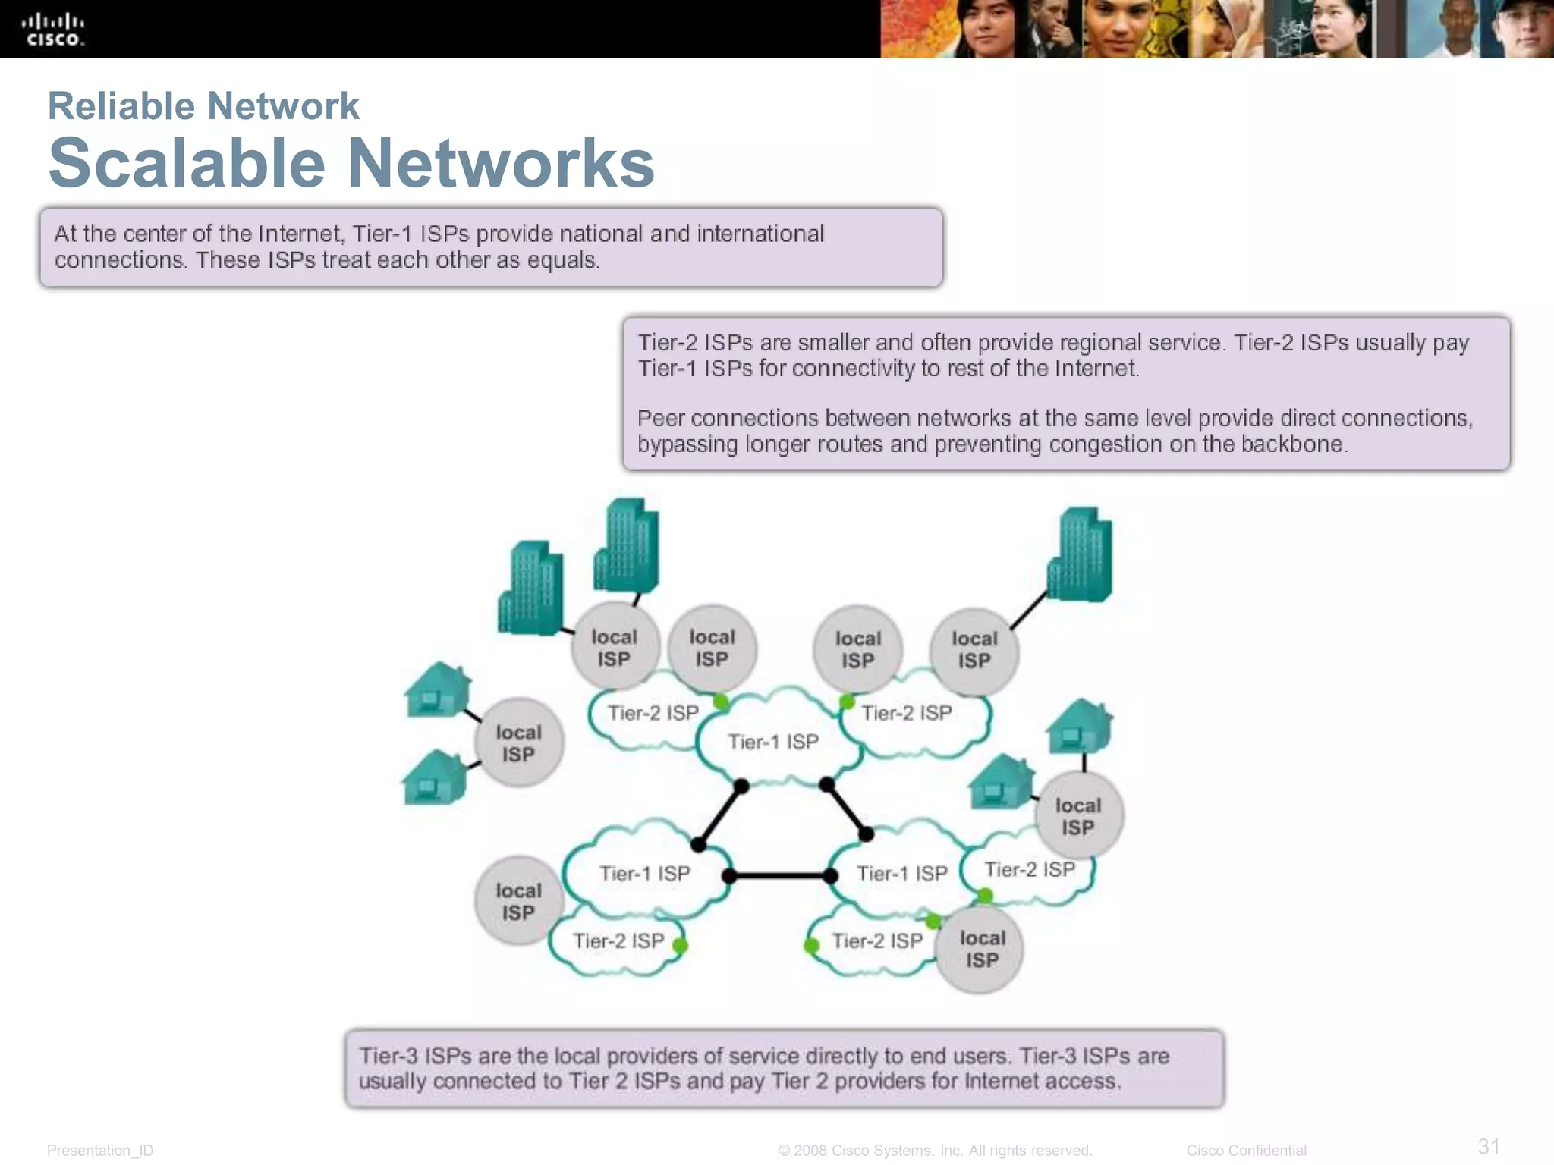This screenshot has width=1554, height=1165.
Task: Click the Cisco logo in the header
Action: pos(52,30)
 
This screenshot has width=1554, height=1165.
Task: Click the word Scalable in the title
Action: pos(187,163)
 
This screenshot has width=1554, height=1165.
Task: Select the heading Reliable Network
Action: pos(203,105)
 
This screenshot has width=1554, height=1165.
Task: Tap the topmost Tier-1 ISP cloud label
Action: pos(773,742)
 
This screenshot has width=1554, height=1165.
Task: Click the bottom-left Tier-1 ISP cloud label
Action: pos(644,874)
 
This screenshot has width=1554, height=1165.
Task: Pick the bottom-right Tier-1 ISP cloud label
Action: pos(901,874)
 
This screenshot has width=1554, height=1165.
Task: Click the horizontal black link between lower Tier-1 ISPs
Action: pos(779,876)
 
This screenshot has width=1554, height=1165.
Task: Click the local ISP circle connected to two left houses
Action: pos(519,743)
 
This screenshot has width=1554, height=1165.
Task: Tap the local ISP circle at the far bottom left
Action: pos(519,901)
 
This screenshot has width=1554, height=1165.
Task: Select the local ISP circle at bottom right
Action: pos(982,949)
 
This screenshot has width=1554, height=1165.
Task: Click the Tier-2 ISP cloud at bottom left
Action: pos(618,941)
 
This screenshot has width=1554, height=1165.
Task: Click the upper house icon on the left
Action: pos(436,690)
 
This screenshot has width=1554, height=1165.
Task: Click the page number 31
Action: pos(1488,1145)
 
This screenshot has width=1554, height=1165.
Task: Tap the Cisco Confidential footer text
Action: pos(1246,1151)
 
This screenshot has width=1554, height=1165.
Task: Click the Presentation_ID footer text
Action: pos(100,1151)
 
